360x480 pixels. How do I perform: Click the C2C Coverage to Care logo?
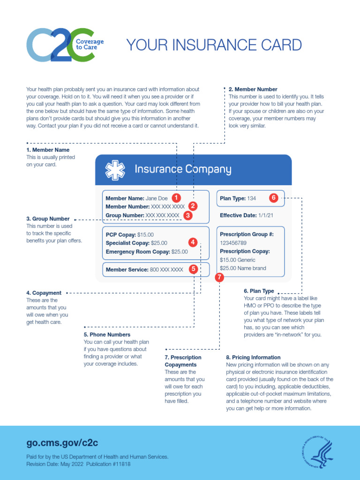(65, 45)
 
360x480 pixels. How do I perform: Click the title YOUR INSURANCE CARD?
(214, 45)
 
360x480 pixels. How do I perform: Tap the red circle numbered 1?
(176, 198)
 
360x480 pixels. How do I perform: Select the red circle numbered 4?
(193, 242)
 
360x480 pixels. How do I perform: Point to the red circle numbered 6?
(274, 198)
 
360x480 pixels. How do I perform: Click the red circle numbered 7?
(220, 277)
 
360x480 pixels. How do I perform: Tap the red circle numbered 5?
(193, 269)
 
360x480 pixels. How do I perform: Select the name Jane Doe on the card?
(157, 198)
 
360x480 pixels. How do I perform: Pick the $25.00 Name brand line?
(243, 269)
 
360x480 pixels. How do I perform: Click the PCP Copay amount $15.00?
(145, 234)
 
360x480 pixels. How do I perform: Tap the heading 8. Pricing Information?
(253, 357)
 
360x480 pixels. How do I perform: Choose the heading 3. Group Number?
(48, 219)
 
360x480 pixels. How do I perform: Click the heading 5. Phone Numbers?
(107, 335)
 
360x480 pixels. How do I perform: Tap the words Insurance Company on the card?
(183, 169)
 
